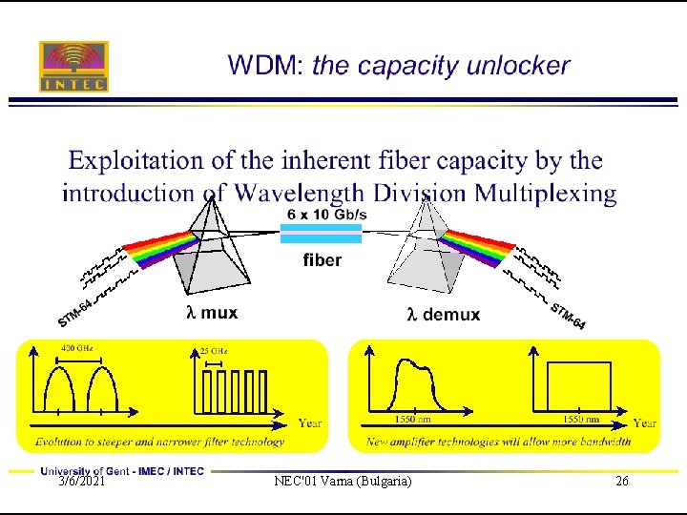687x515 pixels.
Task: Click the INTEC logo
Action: click(x=73, y=66)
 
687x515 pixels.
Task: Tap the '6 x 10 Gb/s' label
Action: click(x=324, y=215)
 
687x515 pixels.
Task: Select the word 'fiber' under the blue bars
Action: click(x=322, y=259)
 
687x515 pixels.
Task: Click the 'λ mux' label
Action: click(x=212, y=312)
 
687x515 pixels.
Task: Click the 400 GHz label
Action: click(x=76, y=349)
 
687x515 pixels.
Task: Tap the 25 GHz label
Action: click(x=213, y=350)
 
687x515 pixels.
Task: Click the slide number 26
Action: click(x=622, y=482)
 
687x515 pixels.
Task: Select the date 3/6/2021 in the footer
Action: click(x=81, y=482)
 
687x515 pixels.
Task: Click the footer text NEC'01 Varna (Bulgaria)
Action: click(x=343, y=482)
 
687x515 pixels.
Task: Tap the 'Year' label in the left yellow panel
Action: click(x=310, y=422)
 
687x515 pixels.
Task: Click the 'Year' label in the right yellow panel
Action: click(x=645, y=422)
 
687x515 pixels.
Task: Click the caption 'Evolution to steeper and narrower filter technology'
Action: click(x=159, y=442)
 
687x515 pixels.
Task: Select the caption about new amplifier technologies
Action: click(x=499, y=442)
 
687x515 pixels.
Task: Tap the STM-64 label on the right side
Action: click(x=568, y=315)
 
